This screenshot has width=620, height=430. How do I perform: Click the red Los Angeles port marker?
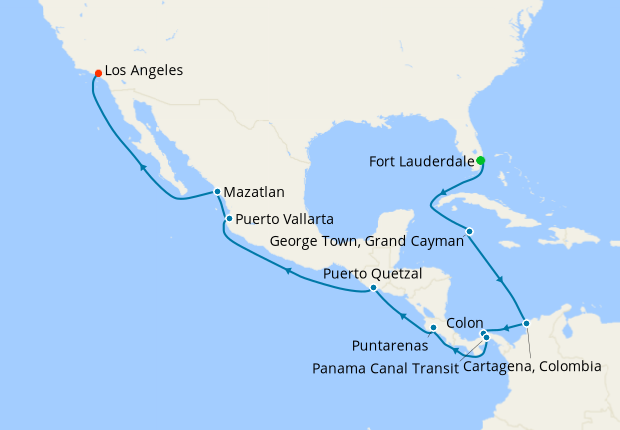(x=97, y=73)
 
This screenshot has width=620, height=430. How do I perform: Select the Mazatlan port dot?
(x=217, y=191)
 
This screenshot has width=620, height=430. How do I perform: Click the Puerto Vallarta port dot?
(x=229, y=219)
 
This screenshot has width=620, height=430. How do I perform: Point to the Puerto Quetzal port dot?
(x=373, y=288)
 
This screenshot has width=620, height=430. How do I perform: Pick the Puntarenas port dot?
(x=432, y=328)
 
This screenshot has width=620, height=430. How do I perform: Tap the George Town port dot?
(x=469, y=232)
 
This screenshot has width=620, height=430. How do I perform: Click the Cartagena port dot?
(x=527, y=322)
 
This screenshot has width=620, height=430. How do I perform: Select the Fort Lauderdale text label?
(x=420, y=161)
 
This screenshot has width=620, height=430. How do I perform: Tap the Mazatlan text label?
(x=255, y=191)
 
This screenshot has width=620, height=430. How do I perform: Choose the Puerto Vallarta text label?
(x=285, y=219)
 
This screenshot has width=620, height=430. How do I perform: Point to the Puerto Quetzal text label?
(x=372, y=272)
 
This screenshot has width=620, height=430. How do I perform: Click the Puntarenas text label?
(x=391, y=345)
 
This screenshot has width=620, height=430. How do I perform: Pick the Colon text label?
(x=465, y=323)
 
